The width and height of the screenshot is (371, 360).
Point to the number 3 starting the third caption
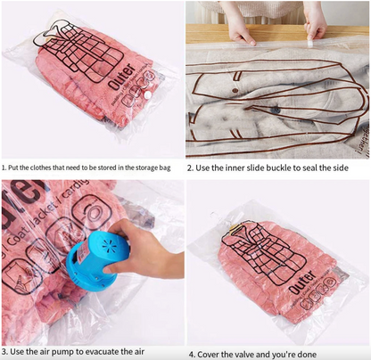[4, 352]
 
